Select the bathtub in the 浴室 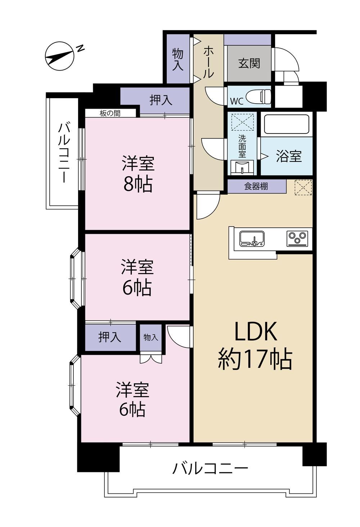287,124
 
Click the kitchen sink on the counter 252,238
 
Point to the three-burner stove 297,238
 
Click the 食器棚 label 256,187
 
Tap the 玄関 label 249,63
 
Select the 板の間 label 110,113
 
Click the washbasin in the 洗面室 242,167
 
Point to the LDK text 256,332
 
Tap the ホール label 208,62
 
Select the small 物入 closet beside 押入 151,338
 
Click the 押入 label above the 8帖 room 161,100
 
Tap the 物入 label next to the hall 178,59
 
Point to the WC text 237,101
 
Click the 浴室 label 289,156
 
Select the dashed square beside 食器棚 303,187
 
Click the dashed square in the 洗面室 242,122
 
